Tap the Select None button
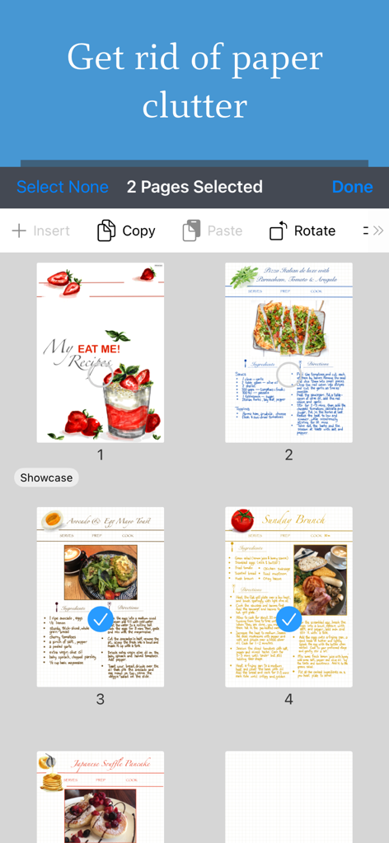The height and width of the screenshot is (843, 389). click(x=63, y=187)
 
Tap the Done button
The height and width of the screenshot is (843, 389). click(x=352, y=187)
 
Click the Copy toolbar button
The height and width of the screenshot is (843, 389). click(x=126, y=231)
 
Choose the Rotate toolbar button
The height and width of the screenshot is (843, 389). click(x=302, y=231)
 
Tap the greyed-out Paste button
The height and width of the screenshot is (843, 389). click(x=212, y=231)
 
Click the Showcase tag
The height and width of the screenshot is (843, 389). click(x=46, y=477)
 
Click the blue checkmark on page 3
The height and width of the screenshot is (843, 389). click(x=101, y=619)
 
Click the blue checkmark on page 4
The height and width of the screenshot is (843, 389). click(x=288, y=619)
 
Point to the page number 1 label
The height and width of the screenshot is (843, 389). click(x=101, y=454)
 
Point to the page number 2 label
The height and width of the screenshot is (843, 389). click(x=288, y=454)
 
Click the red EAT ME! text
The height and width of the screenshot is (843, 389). click(x=99, y=349)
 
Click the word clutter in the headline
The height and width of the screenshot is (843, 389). click(x=194, y=105)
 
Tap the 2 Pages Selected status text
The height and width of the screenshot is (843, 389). click(x=194, y=187)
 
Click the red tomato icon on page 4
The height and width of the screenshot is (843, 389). click(x=241, y=520)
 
